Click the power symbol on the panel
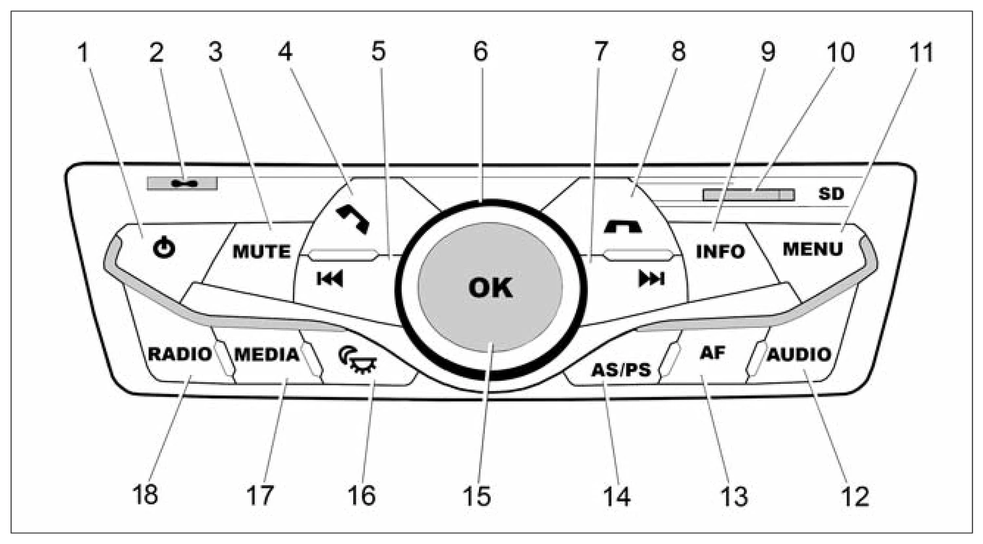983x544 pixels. [x=164, y=248]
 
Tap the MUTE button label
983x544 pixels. [x=261, y=252]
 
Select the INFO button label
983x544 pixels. [x=721, y=251]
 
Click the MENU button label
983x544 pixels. [x=813, y=249]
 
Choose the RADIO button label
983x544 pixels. [x=180, y=354]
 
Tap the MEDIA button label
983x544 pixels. [x=267, y=354]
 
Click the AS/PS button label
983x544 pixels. [x=621, y=370]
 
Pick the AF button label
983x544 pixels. [x=712, y=352]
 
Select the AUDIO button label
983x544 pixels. [x=799, y=354]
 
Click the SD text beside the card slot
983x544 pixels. [x=831, y=193]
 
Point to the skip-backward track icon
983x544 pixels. [x=330, y=279]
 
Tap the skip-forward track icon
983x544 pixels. [x=651, y=279]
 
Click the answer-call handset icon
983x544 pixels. [x=353, y=220]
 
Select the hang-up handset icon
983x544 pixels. [x=623, y=227]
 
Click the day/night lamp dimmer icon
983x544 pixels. [x=357, y=360]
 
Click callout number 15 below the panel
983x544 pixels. [x=476, y=496]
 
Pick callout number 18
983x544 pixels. [x=145, y=495]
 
